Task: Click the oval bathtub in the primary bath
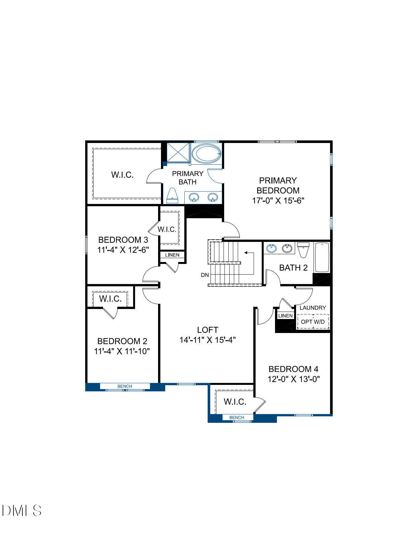point(206,154)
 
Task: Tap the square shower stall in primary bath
point(178,152)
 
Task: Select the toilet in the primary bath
point(173,196)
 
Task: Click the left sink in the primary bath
point(194,197)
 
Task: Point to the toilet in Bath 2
point(303,250)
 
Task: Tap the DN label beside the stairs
point(205,275)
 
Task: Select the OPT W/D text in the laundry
point(313,322)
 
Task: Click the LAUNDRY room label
point(313,308)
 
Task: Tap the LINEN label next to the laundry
point(285,315)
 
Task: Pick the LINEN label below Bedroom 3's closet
point(172,255)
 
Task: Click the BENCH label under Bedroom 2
point(125,386)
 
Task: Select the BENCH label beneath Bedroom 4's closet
point(236,417)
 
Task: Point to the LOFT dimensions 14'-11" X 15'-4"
point(208,340)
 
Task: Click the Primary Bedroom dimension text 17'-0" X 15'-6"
point(278,201)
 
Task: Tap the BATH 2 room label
point(293,267)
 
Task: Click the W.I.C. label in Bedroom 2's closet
point(110,299)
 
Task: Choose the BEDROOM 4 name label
point(293,369)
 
